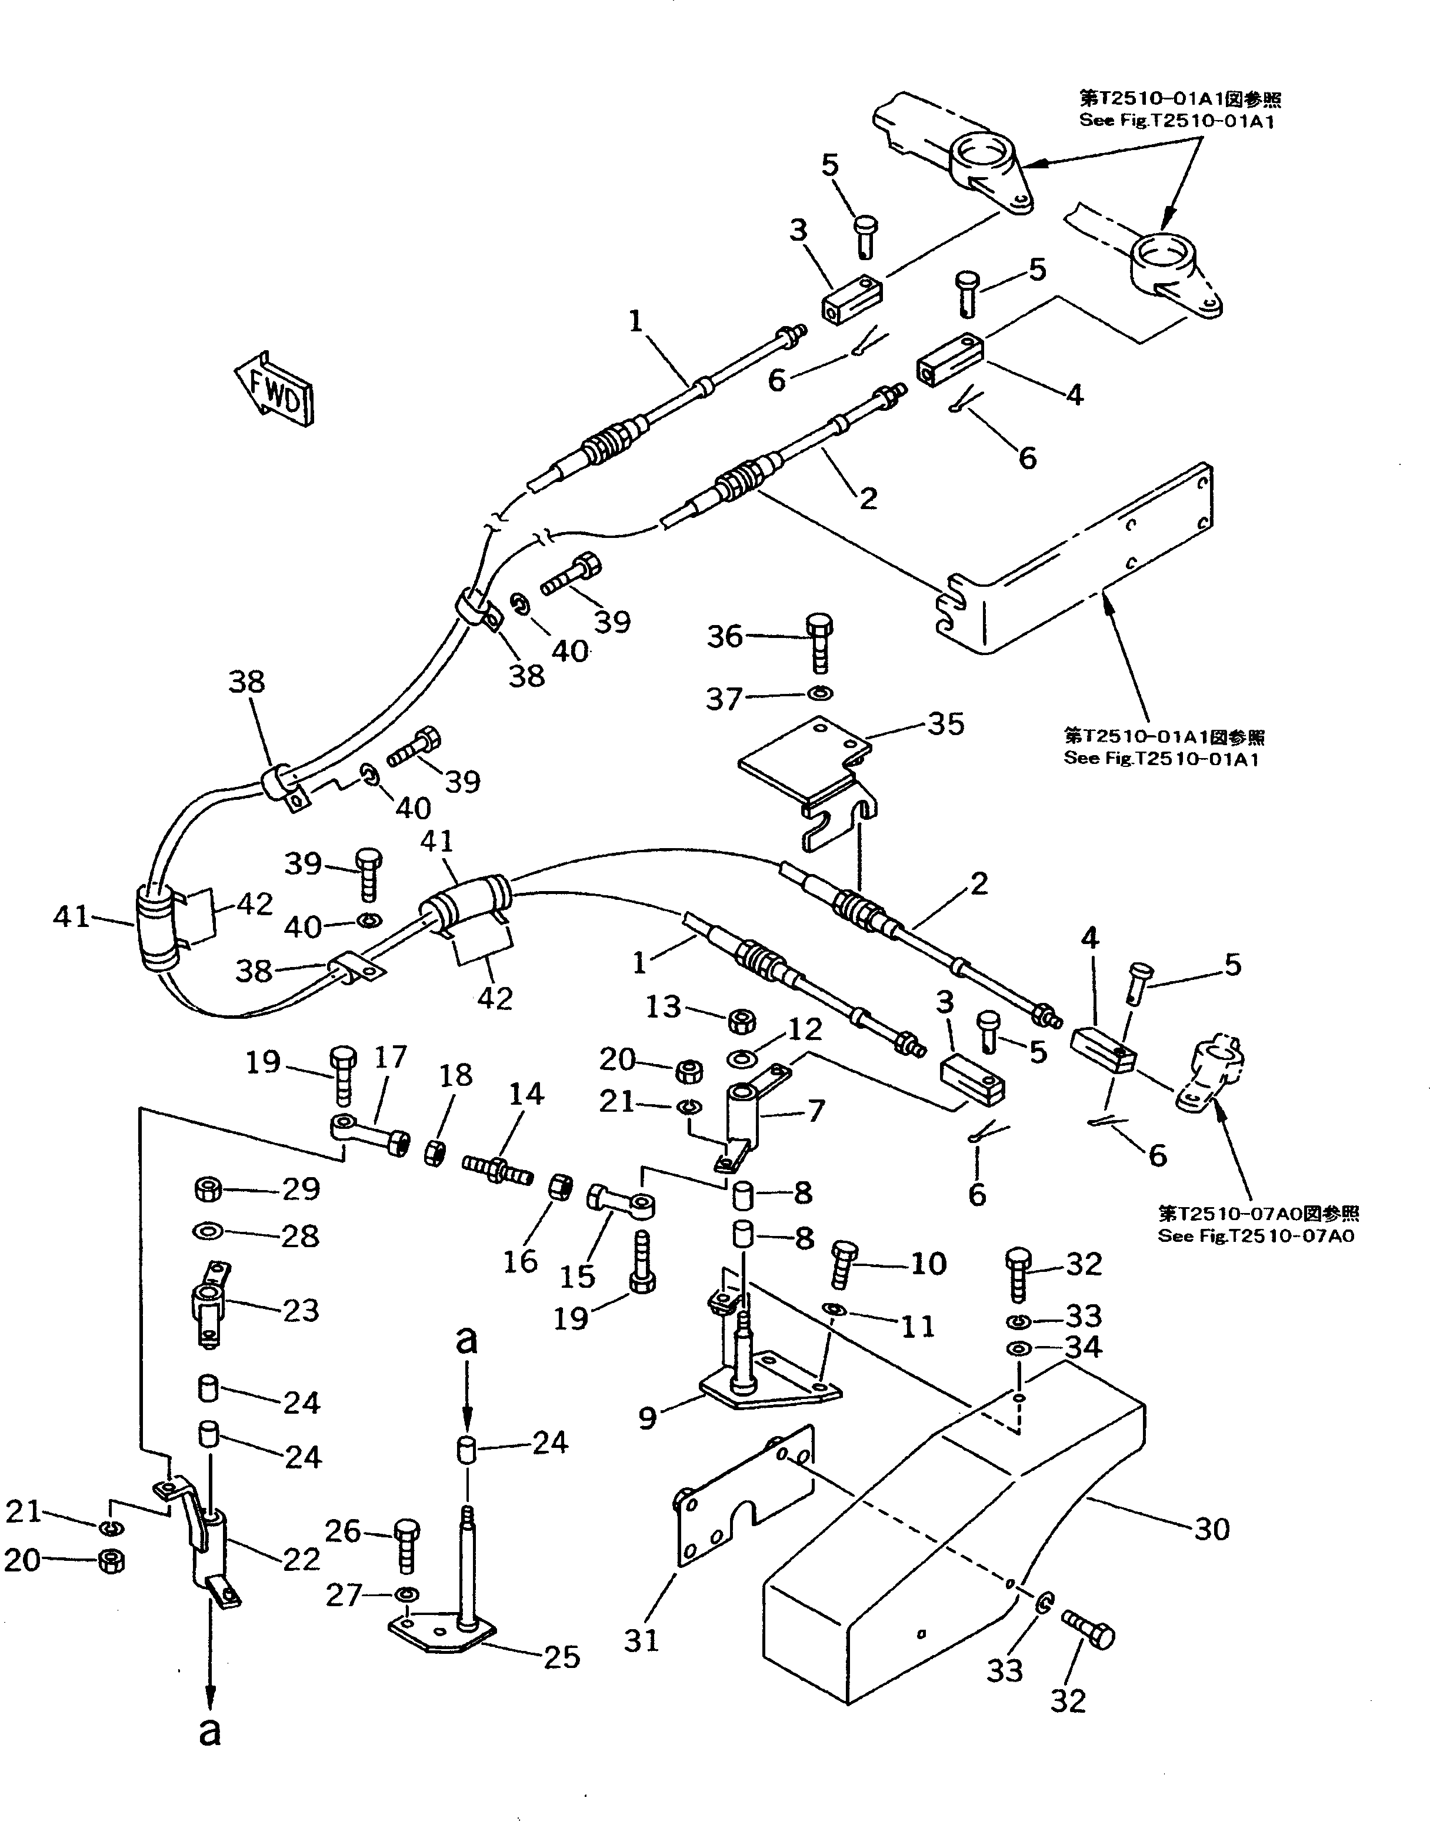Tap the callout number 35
pyautogui.click(x=946, y=724)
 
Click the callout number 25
pyautogui.click(x=561, y=1656)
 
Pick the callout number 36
pyautogui.click(x=725, y=637)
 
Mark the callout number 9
pyautogui.click(x=647, y=1417)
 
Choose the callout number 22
pyautogui.click(x=301, y=1559)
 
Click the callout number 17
pyautogui.click(x=389, y=1057)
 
